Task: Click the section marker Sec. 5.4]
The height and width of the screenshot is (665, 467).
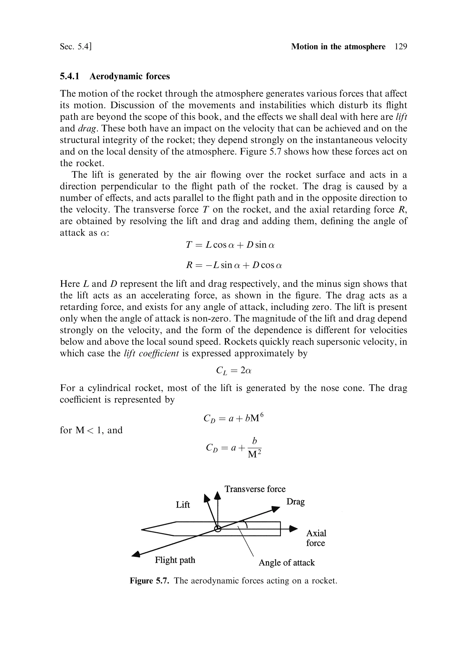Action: pos(76,47)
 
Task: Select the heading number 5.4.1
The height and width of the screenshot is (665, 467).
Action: pos(70,76)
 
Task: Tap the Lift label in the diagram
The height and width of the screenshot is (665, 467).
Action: pos(183,505)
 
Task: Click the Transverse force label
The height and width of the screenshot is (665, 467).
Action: pos(255,489)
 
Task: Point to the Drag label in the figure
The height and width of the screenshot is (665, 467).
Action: pos(295,501)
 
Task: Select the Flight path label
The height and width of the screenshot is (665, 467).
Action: pos(175,560)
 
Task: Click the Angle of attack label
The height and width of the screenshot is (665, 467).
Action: pos(286,563)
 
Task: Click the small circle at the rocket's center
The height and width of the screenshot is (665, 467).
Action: pos(218,529)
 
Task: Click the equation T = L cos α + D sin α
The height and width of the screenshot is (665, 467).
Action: pos(230,245)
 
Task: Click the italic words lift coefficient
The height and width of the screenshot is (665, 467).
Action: pos(151,353)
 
